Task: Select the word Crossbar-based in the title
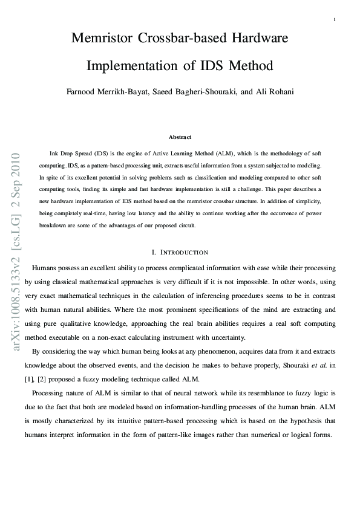pos(183,39)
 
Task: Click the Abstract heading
pos(180,137)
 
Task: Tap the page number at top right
pos(335,20)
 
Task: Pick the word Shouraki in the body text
pos(287,366)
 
